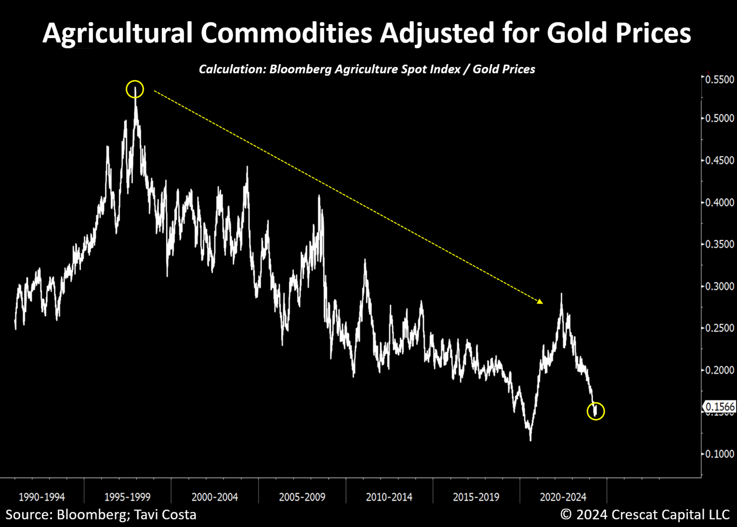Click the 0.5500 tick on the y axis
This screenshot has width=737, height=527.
[719, 79]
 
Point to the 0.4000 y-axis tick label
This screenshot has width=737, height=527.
[719, 202]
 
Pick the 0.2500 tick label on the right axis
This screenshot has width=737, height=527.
[719, 328]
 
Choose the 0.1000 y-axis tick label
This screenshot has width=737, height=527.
[719, 454]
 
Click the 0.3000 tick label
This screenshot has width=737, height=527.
[719, 286]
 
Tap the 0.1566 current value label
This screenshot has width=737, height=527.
[719, 407]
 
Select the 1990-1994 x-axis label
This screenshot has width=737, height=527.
[42, 497]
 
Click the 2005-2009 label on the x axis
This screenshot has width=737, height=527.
[302, 497]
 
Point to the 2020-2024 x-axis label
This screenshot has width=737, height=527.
[563, 497]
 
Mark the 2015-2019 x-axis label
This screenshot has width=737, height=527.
[476, 497]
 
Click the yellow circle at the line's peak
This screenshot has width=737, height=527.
[135, 89]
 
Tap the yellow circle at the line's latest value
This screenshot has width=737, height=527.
[596, 411]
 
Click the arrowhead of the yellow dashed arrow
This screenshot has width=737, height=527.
[540, 301]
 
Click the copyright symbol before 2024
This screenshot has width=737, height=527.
[566, 515]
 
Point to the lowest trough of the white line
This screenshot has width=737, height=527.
[530, 440]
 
